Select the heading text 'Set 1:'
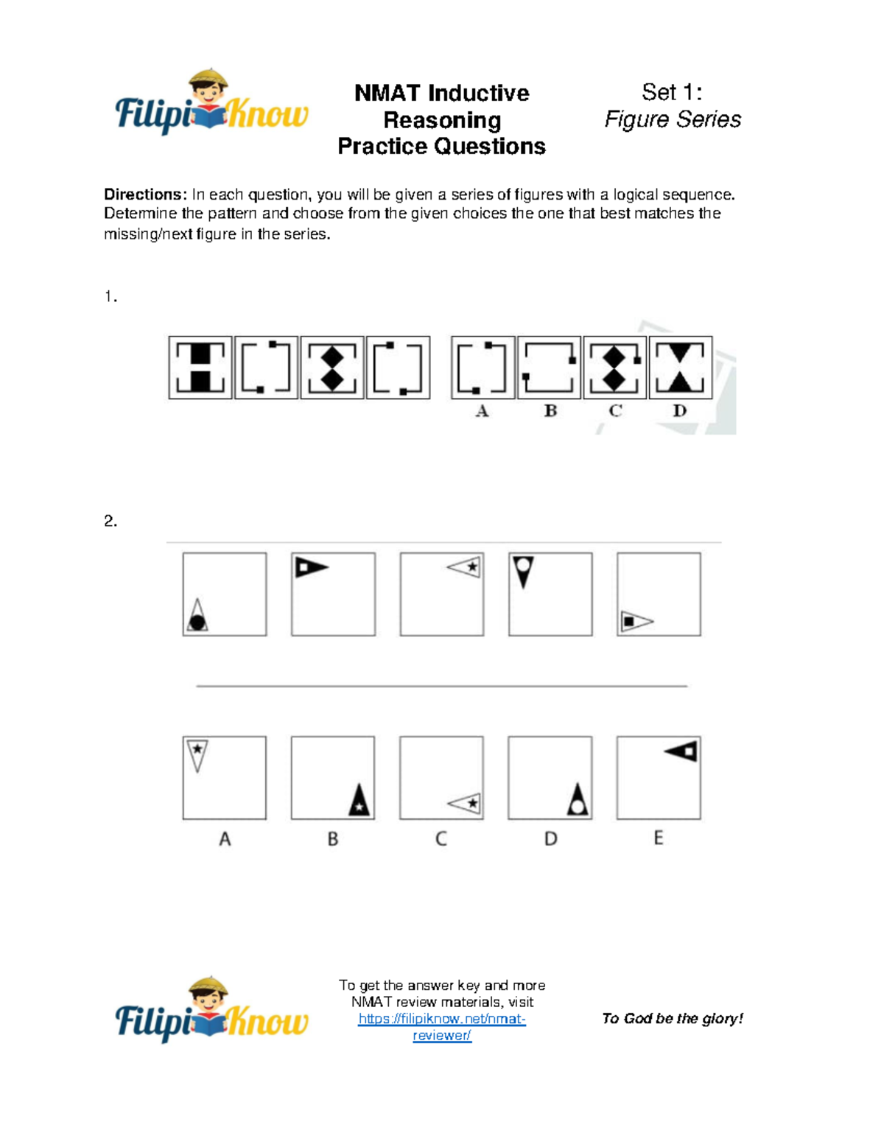671,92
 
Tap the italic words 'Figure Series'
672,119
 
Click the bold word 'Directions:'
145,194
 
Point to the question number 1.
110,297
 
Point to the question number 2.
110,522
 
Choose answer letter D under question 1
679,411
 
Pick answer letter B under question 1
550,411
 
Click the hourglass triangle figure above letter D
681,368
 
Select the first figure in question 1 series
200,368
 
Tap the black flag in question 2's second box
311,567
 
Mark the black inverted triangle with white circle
523,571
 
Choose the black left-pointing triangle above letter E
681,751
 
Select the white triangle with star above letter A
197,754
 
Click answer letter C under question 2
441,839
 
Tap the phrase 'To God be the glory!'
672,1019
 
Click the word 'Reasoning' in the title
442,120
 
